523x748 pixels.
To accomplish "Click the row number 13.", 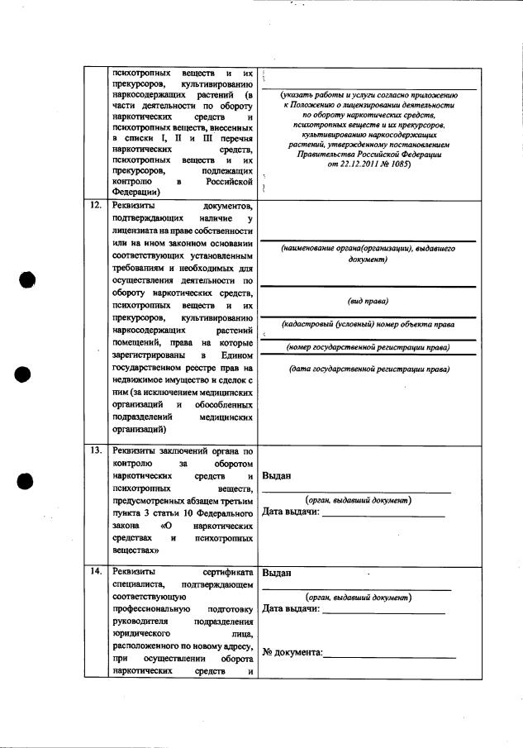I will (x=95, y=450).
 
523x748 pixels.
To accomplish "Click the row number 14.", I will (x=95, y=571).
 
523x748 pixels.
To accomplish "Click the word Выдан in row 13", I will (x=275, y=476).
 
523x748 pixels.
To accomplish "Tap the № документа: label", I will (x=292, y=653).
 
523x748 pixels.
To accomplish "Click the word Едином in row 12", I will (x=236, y=355).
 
